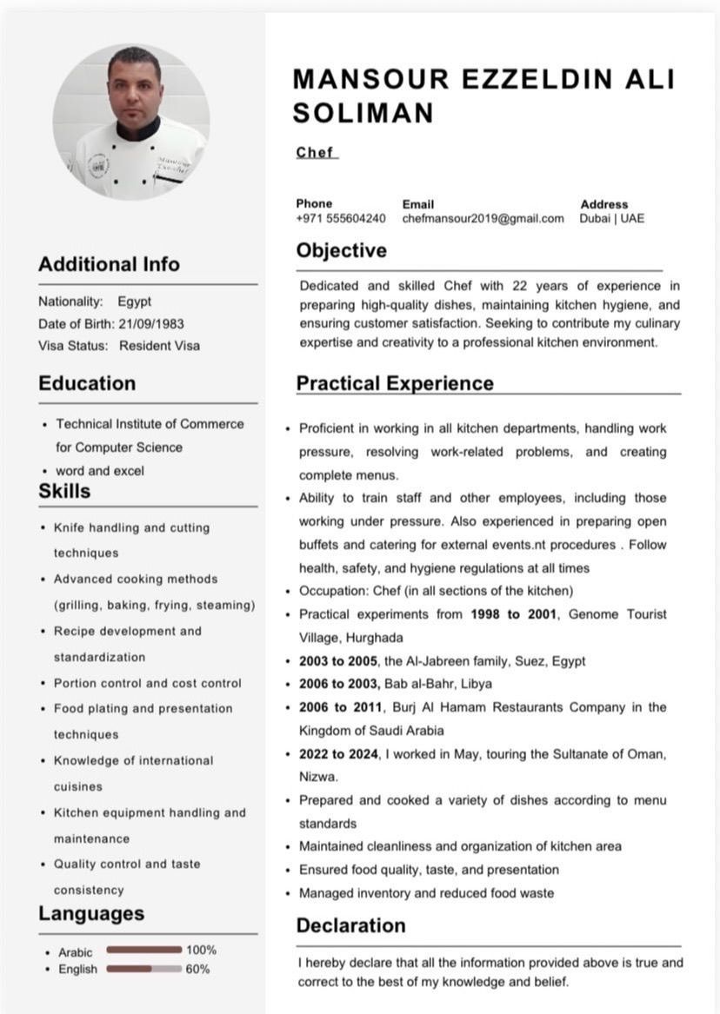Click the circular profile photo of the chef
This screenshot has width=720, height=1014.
click(x=130, y=122)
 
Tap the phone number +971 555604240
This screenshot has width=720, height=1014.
click(x=340, y=219)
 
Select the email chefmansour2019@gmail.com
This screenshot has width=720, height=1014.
click(x=483, y=219)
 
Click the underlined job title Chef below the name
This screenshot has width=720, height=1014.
click(x=315, y=152)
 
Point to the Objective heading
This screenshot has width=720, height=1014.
click(x=341, y=251)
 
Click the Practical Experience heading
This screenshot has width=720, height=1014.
click(x=395, y=383)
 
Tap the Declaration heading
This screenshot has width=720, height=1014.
click(x=350, y=925)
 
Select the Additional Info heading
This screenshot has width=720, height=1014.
click(x=109, y=264)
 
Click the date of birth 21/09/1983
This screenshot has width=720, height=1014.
click(x=151, y=323)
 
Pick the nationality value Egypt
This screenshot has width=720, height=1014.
click(x=135, y=302)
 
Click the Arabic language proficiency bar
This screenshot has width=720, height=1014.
click(x=143, y=950)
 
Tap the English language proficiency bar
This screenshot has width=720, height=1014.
click(x=143, y=969)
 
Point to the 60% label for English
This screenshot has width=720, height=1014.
click(x=197, y=969)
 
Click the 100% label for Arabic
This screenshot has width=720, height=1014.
click(x=201, y=950)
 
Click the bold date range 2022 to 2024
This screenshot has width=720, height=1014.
click(x=338, y=753)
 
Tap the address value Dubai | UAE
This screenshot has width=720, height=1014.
click(x=612, y=219)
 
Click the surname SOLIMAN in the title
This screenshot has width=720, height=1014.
click(x=363, y=113)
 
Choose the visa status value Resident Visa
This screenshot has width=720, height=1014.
click(x=159, y=345)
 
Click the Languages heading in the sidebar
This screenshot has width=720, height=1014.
click(x=91, y=913)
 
